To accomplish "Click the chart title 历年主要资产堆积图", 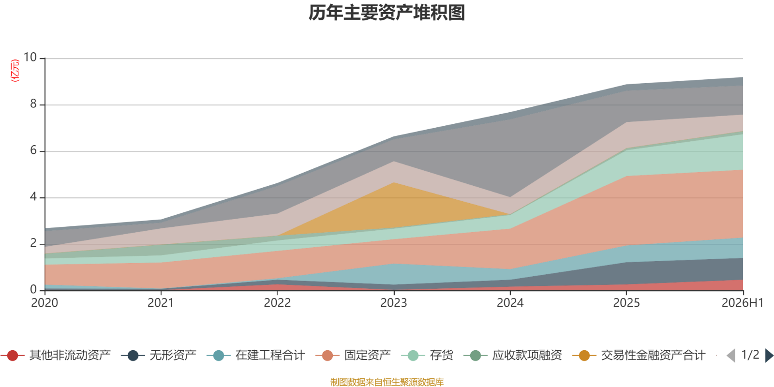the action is [x=387, y=13].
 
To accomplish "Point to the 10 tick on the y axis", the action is [x=30, y=58].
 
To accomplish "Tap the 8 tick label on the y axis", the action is [x=33, y=104].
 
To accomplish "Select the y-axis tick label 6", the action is [x=33, y=150].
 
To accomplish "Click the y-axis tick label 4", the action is [x=33, y=196].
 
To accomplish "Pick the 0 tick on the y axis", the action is [x=33, y=289].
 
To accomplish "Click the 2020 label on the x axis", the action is [x=45, y=303].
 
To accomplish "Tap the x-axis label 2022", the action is [x=277, y=303].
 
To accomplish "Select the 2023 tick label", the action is [x=394, y=303].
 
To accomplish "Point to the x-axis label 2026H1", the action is [x=742, y=303].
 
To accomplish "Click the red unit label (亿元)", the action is [x=15, y=71].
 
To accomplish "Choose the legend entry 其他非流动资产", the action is [x=56, y=355].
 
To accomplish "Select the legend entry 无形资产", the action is [x=159, y=355].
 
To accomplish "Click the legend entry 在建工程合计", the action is [x=256, y=355].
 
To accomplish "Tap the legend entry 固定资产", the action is [x=353, y=355].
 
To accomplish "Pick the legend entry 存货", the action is [x=427, y=355].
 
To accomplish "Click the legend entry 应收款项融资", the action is [x=513, y=355].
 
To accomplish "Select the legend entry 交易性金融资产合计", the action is [x=639, y=355].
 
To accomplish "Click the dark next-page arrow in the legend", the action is [x=769, y=356].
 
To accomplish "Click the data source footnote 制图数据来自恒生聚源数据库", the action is [x=387, y=382].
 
